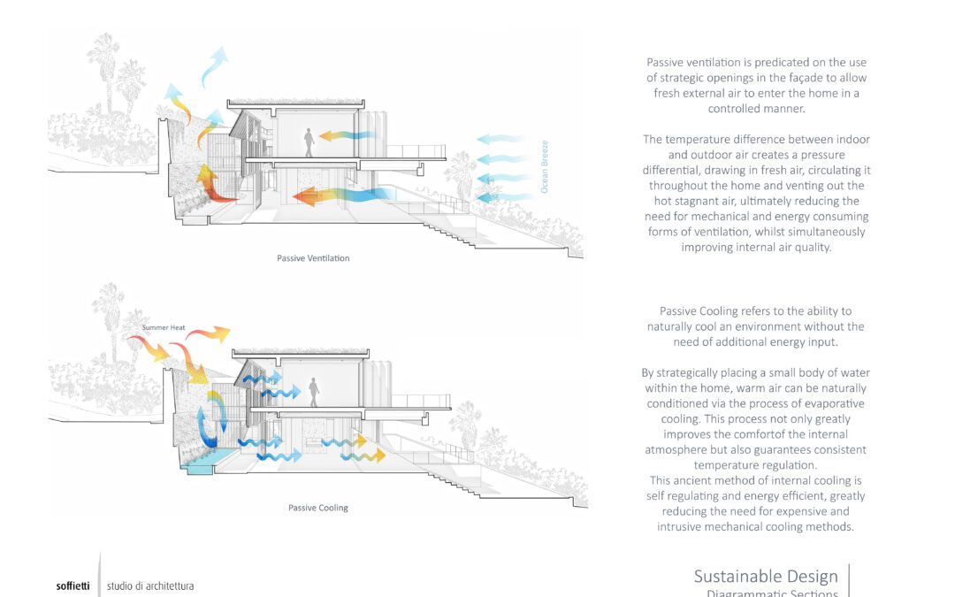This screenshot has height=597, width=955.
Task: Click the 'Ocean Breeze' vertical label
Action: click(x=545, y=166)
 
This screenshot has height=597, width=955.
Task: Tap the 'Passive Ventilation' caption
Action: click(x=314, y=258)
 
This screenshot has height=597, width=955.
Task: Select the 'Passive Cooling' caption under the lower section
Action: click(x=318, y=508)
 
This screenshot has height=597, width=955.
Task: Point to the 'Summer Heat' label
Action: click(x=163, y=328)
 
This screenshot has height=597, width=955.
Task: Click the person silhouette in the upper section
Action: click(x=309, y=142)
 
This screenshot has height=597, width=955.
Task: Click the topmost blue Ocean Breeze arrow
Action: click(x=502, y=140)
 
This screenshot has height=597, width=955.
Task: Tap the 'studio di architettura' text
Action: click(x=150, y=586)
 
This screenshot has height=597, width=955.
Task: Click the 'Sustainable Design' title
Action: click(x=766, y=577)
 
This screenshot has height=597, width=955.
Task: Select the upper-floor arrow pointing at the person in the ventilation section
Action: click(x=347, y=136)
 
